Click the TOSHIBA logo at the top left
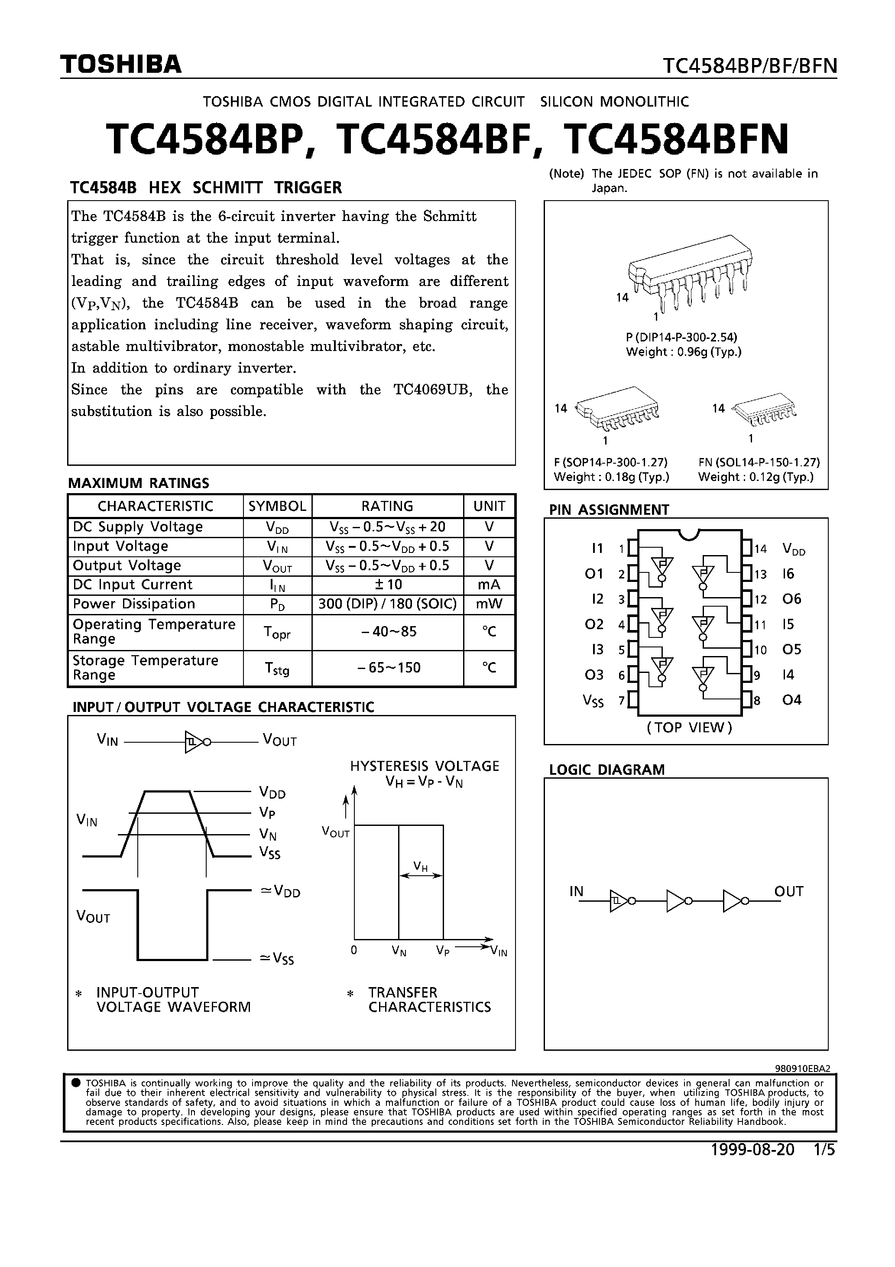tap(121, 65)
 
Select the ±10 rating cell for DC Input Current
tap(387, 585)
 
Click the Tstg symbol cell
tap(277, 668)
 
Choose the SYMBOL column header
tap(277, 506)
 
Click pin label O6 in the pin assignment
tap(791, 599)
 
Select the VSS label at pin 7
tap(593, 701)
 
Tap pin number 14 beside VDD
tap(760, 549)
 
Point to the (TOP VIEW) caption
tap(689, 727)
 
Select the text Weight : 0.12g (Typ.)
tap(756, 477)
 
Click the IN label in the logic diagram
tap(576, 891)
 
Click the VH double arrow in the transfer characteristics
tap(421, 875)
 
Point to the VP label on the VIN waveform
tap(266, 813)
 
